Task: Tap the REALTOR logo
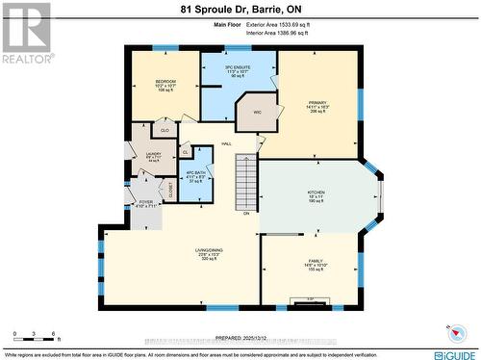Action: tap(26, 33)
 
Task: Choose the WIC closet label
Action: tap(257, 113)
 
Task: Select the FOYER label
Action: tap(145, 203)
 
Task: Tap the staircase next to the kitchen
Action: tap(247, 183)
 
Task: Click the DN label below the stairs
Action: tap(247, 213)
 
